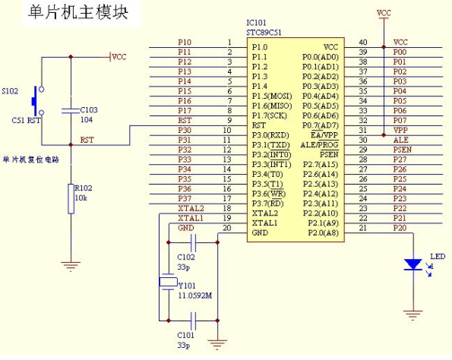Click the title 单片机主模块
click(x=77, y=13)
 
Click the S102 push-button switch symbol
click(x=37, y=101)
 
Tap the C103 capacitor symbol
click(x=71, y=111)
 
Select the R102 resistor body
click(x=71, y=199)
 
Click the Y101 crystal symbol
click(x=169, y=282)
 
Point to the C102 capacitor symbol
click(x=194, y=243)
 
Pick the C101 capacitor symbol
click(x=194, y=321)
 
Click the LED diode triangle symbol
click(x=412, y=264)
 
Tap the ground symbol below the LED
click(x=412, y=315)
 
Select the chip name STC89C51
click(x=264, y=33)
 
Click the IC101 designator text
click(x=256, y=23)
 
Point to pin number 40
click(x=363, y=43)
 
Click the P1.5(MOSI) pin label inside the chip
click(x=272, y=96)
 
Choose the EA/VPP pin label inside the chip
click(x=324, y=135)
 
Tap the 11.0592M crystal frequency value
click(x=195, y=295)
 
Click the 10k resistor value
click(x=81, y=198)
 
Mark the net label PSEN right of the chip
click(x=403, y=150)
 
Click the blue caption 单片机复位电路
click(x=31, y=159)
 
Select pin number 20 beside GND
click(x=227, y=228)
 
